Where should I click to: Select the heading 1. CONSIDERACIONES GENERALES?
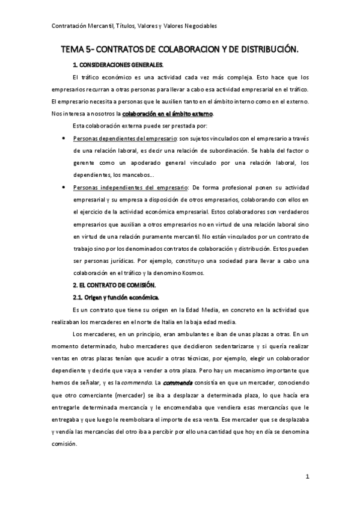[118, 64]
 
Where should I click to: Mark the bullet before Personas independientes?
[64, 188]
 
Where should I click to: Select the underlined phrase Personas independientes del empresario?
[121, 188]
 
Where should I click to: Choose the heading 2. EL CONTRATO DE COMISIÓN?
[114, 286]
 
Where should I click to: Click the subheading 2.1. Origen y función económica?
[115, 298]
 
